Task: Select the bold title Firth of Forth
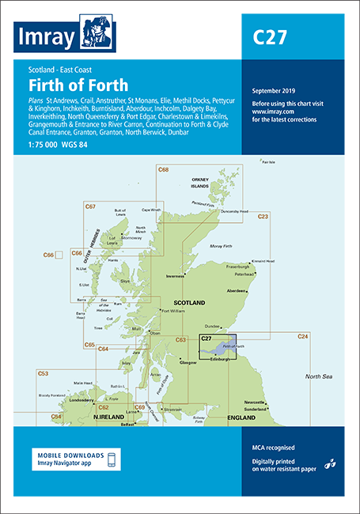[73, 84]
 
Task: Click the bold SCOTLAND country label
[189, 303]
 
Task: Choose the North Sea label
[323, 376]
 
